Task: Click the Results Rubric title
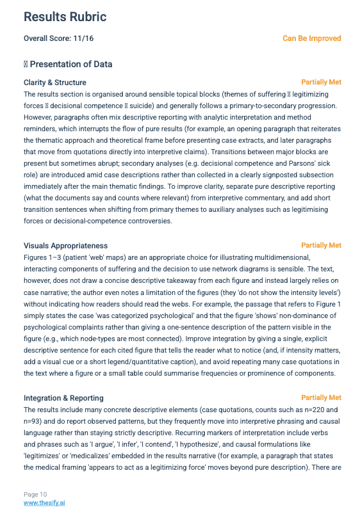tap(65, 17)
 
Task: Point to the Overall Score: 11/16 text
tap(58, 38)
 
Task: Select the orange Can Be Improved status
tap(312, 38)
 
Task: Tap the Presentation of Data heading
tap(71, 64)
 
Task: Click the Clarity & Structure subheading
tap(55, 83)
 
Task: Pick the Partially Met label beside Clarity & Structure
tap(321, 83)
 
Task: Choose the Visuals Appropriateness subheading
tap(65, 246)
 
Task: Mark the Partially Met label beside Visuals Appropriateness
tap(321, 246)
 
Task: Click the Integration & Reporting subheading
tap(63, 398)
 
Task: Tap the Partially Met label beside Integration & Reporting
tap(321, 398)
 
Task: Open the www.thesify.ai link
tap(44, 503)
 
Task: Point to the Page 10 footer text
tap(35, 495)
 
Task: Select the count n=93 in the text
tap(33, 420)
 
